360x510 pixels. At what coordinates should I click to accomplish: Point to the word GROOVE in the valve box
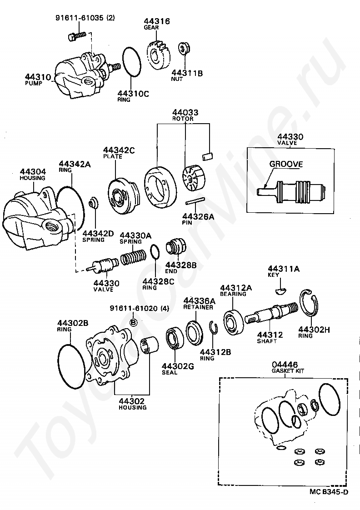click(x=286, y=164)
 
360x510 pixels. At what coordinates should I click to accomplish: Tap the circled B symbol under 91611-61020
click(x=134, y=322)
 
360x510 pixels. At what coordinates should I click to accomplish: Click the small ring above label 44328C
click(x=155, y=251)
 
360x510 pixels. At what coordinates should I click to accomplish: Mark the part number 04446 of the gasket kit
click(x=285, y=365)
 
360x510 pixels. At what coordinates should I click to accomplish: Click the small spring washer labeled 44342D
click(x=93, y=202)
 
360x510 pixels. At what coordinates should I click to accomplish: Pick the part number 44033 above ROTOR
click(x=182, y=112)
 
